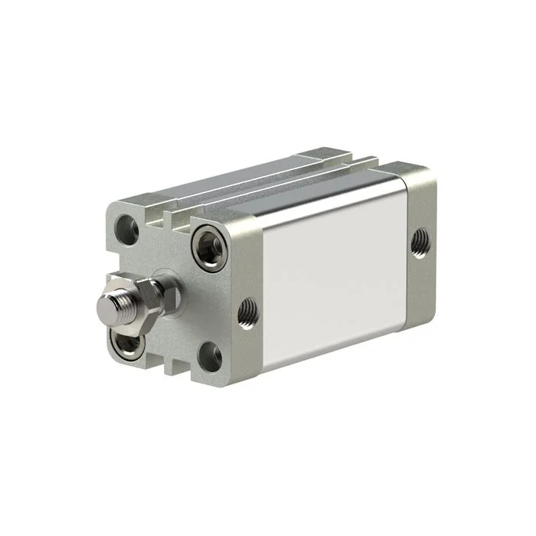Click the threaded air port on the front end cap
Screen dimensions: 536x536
pyautogui.click(x=247, y=310)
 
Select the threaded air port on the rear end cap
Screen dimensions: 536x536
pyautogui.click(x=420, y=243)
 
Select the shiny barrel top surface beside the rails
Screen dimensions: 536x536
pyautogui.click(x=299, y=191)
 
